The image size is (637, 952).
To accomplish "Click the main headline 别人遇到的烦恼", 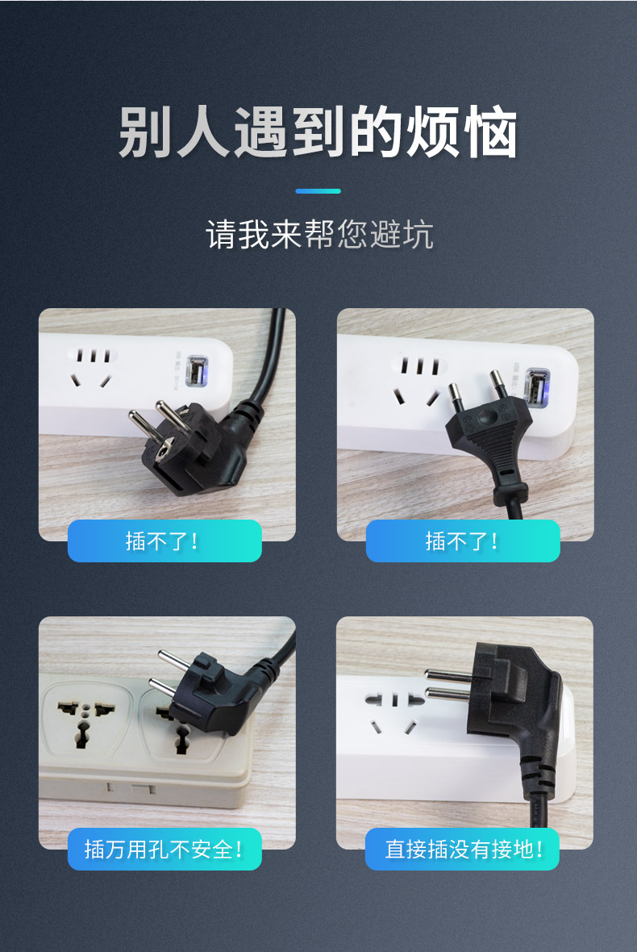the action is pyautogui.click(x=318, y=132).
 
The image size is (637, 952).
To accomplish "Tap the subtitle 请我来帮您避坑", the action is pyautogui.click(x=319, y=234).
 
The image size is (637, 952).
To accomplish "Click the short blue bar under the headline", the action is pyautogui.click(x=318, y=191).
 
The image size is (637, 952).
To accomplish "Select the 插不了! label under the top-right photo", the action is pyautogui.click(x=462, y=541).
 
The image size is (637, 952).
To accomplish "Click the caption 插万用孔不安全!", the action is pyautogui.click(x=164, y=849).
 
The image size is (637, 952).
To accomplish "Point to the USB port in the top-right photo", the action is pyautogui.click(x=537, y=387).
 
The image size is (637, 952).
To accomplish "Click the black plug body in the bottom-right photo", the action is pyautogui.click(x=516, y=704).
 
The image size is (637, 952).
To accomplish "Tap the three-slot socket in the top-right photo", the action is pyautogui.click(x=418, y=381).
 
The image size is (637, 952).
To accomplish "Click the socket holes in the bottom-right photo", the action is pyautogui.click(x=394, y=712).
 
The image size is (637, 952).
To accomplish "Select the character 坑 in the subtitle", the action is pyautogui.click(x=418, y=234).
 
